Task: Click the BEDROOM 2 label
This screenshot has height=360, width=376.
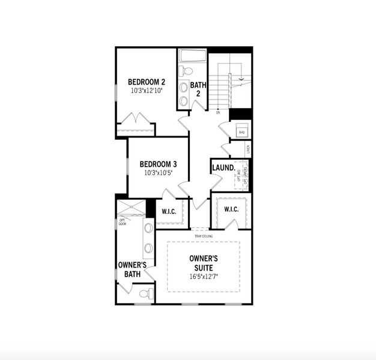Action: (x=147, y=82)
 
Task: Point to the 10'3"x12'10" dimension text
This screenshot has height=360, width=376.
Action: (x=147, y=91)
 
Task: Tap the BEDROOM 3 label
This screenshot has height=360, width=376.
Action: (x=158, y=164)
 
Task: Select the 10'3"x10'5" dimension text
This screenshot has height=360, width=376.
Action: (x=158, y=173)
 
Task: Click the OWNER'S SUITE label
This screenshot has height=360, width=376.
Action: (x=203, y=263)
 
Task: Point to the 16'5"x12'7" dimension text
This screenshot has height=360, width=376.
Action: (x=203, y=277)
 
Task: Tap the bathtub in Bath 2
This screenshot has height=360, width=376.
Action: (x=192, y=56)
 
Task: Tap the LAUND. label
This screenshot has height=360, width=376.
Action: (x=223, y=168)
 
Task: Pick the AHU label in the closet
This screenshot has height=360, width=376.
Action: (x=242, y=132)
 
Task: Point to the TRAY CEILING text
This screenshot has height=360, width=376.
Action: (x=203, y=236)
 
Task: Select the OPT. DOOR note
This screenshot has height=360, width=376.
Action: (x=122, y=222)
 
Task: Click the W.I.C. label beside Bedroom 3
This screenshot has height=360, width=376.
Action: (x=169, y=211)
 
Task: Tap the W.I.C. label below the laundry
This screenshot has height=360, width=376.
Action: (x=232, y=209)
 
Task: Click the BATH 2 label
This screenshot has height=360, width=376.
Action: (x=198, y=89)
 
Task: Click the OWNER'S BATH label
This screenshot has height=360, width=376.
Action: (x=132, y=269)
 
